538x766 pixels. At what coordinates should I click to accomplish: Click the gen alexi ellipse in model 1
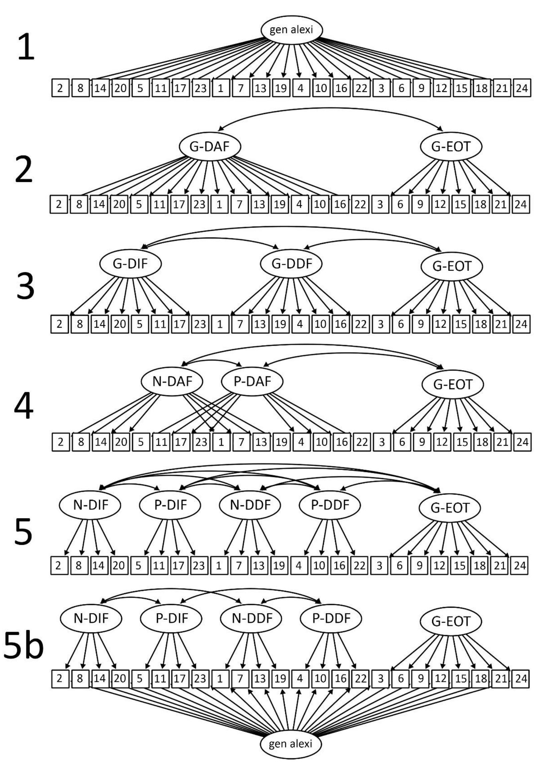click(x=291, y=30)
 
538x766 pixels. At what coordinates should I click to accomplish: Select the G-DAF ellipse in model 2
click(x=210, y=147)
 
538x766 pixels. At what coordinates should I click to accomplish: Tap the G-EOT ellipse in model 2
click(x=451, y=147)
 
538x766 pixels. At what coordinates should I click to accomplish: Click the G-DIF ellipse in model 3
click(x=130, y=264)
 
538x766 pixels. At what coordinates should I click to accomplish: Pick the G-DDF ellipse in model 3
click(x=291, y=264)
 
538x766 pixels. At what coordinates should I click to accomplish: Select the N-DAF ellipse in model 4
click(x=172, y=381)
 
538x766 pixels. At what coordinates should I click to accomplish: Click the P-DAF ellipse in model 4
click(x=252, y=381)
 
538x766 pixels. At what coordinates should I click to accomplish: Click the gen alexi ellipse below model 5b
click(x=291, y=744)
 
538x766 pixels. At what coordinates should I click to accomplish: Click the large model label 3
click(x=25, y=287)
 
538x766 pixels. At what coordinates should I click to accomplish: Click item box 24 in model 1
click(x=521, y=88)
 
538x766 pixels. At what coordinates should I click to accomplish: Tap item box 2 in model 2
click(x=59, y=204)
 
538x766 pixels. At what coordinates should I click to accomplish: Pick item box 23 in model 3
click(x=200, y=324)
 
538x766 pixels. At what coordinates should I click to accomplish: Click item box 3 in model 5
click(x=379, y=566)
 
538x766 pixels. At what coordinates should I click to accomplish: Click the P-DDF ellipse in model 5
click(x=330, y=505)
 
